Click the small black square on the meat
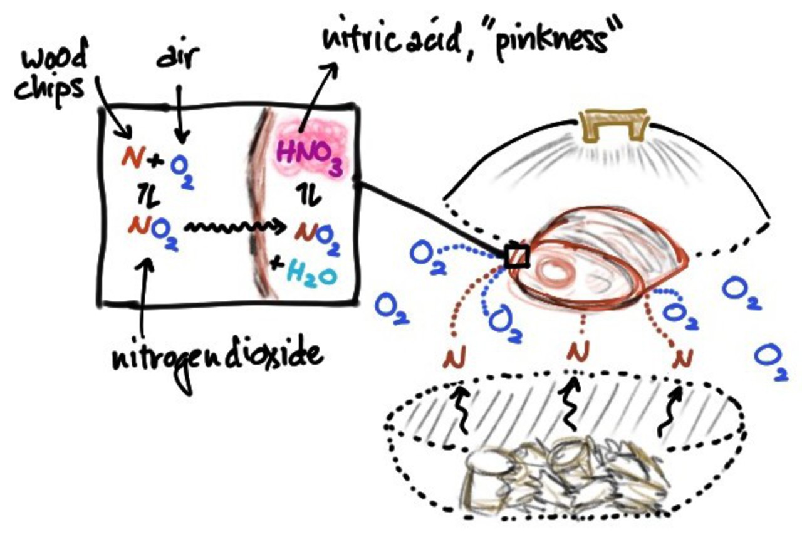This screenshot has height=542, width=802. point(518,256)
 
